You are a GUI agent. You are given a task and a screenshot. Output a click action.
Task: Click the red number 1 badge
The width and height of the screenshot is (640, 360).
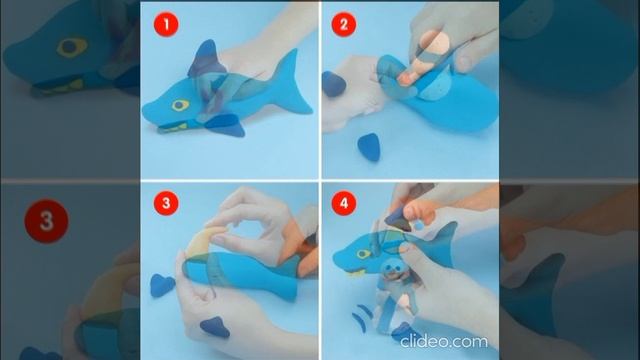[166, 24]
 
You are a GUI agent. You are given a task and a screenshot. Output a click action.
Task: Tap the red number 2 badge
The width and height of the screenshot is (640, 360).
[343, 24]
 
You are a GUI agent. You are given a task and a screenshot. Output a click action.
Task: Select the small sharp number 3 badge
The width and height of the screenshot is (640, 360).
[166, 203]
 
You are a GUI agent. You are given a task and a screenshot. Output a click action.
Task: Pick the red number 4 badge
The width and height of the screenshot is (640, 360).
[343, 203]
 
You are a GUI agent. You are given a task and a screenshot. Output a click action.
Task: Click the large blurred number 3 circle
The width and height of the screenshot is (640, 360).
[46, 221]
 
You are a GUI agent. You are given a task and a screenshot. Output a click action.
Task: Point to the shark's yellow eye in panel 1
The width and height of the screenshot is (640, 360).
[180, 105]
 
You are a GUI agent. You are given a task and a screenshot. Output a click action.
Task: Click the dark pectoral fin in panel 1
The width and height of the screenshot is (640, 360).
[226, 124]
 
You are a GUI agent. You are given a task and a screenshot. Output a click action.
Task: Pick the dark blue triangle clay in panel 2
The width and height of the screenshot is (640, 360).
[369, 147]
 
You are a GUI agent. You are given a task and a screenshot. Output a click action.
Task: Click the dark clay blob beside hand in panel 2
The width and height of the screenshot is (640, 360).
[333, 84]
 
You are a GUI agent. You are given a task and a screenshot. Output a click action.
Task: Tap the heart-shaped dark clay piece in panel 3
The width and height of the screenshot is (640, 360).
[162, 285]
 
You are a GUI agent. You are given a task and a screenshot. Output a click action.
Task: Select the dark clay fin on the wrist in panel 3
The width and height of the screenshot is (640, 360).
[215, 327]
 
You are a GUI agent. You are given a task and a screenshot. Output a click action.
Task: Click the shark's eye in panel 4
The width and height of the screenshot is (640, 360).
[363, 254]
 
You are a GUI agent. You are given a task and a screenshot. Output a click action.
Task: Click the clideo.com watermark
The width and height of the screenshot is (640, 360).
[444, 341]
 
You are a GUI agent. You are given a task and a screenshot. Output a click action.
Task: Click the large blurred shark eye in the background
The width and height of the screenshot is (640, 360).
[71, 47]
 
